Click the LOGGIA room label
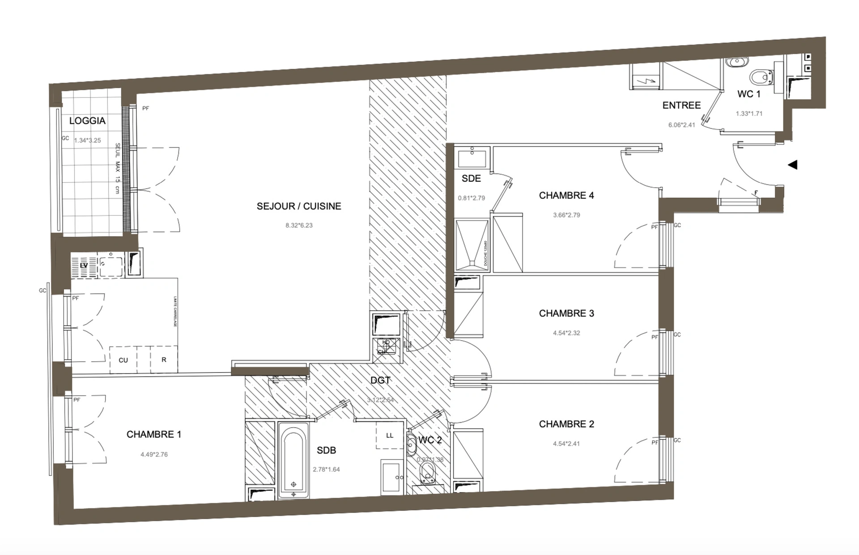tap(87, 121)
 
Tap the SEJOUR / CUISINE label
tap(299, 206)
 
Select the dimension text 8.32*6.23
tap(299, 226)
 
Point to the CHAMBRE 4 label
tap(566, 195)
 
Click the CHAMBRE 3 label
tap(566, 313)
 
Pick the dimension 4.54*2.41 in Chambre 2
tap(566, 444)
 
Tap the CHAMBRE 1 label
tap(154, 434)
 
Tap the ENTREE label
tap(681, 105)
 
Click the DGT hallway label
tap(380, 380)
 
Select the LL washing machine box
tap(390, 435)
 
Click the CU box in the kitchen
tap(123, 360)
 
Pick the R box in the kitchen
tap(164, 360)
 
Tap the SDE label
tap(471, 178)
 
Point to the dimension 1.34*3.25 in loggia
tap(88, 140)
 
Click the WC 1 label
tap(749, 94)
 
